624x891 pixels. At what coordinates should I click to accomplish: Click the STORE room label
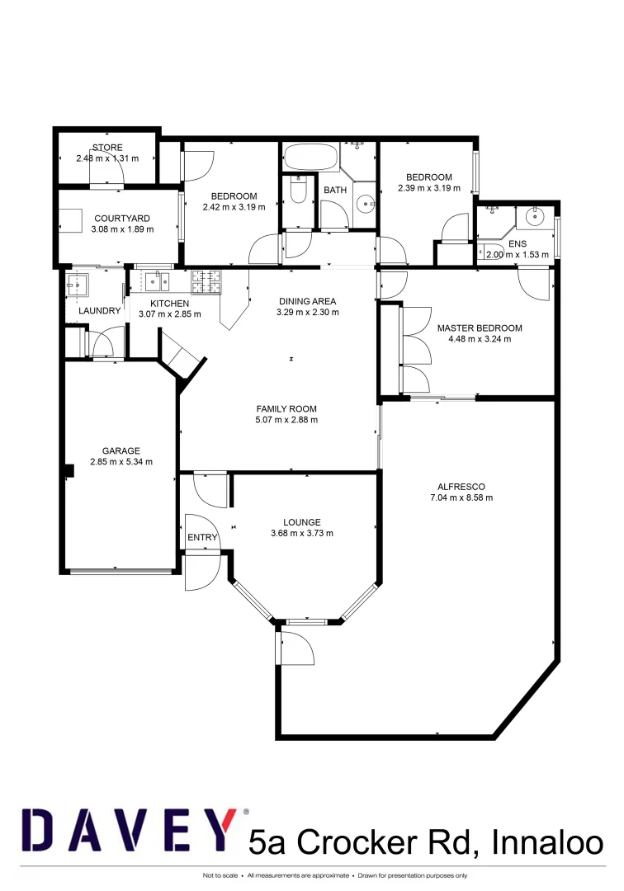click(107, 148)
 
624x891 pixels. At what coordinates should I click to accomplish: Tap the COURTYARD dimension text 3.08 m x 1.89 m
click(121, 229)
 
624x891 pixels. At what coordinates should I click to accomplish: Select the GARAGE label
click(121, 450)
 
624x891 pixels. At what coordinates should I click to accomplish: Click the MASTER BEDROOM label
click(480, 328)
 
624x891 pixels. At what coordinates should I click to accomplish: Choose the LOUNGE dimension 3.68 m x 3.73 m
click(301, 533)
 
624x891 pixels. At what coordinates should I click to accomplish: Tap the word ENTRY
click(202, 538)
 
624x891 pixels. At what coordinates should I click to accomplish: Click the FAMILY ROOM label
click(286, 408)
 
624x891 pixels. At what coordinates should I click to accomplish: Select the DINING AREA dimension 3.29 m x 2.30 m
click(308, 312)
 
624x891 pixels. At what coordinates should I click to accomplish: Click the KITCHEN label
click(169, 303)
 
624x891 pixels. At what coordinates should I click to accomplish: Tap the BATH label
click(335, 191)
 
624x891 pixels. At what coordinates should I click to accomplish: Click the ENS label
click(517, 244)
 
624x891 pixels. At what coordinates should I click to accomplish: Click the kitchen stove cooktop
click(206, 283)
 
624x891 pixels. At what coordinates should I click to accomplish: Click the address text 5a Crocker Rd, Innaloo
click(426, 843)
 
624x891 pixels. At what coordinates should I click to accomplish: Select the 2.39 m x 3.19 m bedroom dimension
click(428, 188)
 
